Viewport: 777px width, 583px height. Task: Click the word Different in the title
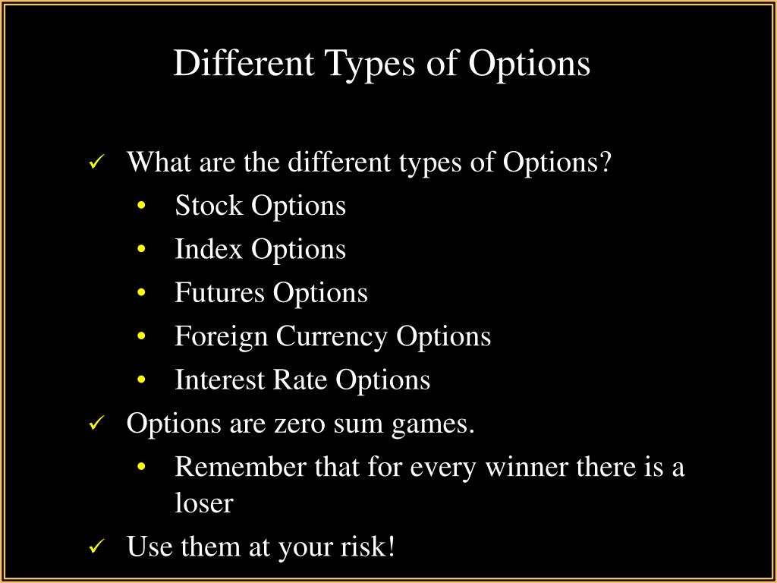(244, 63)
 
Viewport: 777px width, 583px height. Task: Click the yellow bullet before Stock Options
(142, 206)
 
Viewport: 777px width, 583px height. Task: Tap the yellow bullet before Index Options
(142, 249)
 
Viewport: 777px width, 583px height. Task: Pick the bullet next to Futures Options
(142, 292)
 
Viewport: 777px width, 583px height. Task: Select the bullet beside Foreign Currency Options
(142, 336)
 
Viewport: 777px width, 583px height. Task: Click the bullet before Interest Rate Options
(142, 380)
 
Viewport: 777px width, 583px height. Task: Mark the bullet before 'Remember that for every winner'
(142, 467)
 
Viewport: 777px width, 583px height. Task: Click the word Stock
(209, 205)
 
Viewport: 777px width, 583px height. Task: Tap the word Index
(209, 249)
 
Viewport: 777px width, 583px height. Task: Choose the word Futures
(219, 292)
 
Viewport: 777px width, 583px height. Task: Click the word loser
(203, 504)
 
